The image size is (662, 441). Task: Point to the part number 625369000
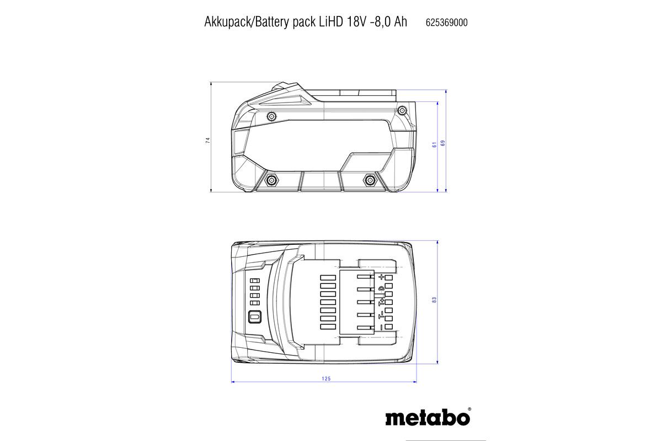(x=447, y=23)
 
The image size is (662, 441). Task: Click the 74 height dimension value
(x=208, y=141)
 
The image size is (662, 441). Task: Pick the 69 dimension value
(x=443, y=143)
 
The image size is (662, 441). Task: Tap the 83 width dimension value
(x=434, y=300)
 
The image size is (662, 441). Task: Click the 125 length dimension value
(x=325, y=378)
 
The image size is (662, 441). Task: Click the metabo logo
(x=427, y=417)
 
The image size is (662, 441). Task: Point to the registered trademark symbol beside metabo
(x=469, y=410)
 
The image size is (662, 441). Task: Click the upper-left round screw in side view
(x=271, y=116)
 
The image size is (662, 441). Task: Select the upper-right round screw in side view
(x=402, y=112)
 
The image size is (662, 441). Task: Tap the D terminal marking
(x=381, y=289)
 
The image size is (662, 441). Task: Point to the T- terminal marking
(x=381, y=315)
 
